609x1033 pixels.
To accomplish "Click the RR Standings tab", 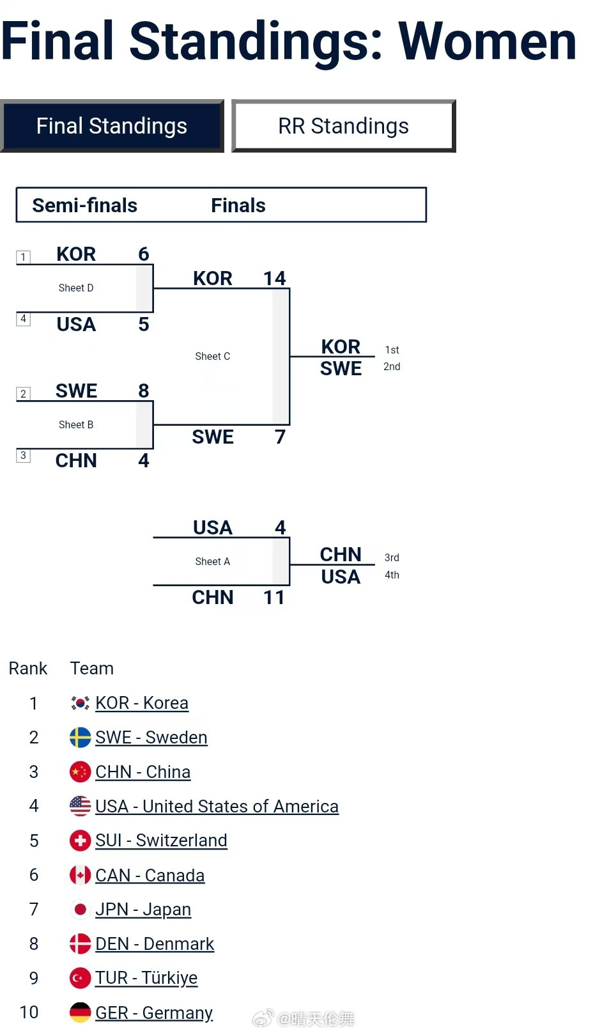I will [x=343, y=126].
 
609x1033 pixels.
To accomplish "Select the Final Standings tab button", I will [x=112, y=126].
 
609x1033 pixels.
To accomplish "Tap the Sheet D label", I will [x=76, y=288].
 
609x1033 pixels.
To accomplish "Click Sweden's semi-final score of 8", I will [x=144, y=391].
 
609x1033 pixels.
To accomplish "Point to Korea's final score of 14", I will [x=275, y=278].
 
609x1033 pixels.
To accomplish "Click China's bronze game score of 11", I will [x=274, y=597].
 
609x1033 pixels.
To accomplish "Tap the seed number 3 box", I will [x=24, y=455].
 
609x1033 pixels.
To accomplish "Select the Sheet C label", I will [x=213, y=357].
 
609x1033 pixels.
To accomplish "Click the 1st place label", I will [x=392, y=350].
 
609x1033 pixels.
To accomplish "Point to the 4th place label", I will [x=392, y=575].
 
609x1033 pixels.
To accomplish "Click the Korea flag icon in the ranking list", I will [x=80, y=703].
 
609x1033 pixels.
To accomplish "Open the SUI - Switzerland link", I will [x=161, y=841].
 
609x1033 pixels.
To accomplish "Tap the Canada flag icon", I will [x=80, y=875].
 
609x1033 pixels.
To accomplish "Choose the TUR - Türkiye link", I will [x=146, y=978].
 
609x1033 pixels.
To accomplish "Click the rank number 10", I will [x=29, y=1013].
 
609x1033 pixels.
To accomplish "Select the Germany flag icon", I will [x=80, y=1013].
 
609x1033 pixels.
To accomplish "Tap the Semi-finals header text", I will [x=85, y=205].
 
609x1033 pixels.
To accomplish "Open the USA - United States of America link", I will [x=217, y=807].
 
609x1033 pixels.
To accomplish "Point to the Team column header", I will [x=92, y=669].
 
